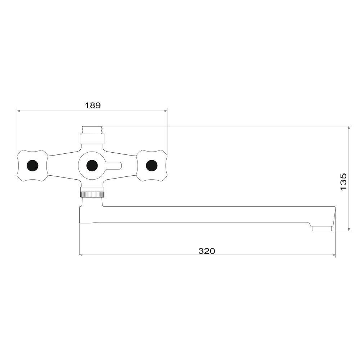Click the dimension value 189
[93, 105]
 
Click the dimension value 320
[207, 251]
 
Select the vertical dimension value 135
[343, 182]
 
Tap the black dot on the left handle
[32, 165]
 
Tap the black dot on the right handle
[152, 165]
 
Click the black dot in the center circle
[92, 165]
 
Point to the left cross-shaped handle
[32, 165]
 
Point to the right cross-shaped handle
[152, 165]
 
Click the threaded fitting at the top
[92, 130]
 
